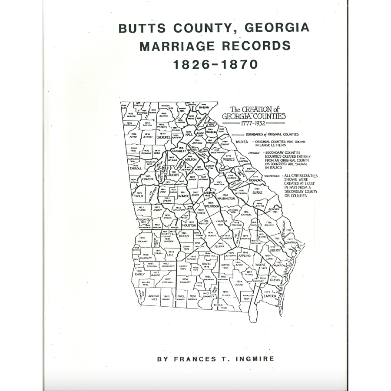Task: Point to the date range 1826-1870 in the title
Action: tap(215, 64)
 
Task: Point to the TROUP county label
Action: tap(139, 195)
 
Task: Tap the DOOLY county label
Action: tap(184, 236)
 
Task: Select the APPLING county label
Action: tap(244, 255)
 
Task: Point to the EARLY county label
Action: tap(140, 274)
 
